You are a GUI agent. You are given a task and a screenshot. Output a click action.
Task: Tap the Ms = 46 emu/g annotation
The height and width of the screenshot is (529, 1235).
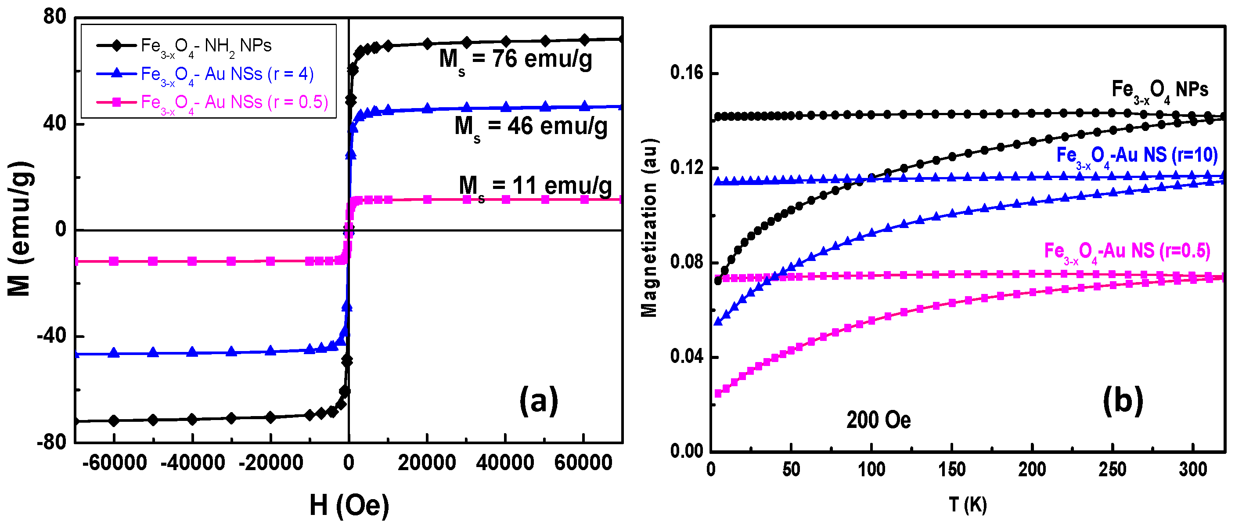click(x=531, y=127)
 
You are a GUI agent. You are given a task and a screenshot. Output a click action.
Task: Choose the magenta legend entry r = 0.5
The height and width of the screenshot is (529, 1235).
click(x=234, y=103)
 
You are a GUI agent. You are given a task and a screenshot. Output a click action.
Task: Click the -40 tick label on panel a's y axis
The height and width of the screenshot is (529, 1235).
click(x=51, y=336)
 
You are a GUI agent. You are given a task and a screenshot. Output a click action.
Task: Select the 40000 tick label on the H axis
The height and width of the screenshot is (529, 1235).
click(x=505, y=463)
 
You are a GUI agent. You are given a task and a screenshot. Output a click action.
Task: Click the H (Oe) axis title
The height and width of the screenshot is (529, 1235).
click(x=349, y=506)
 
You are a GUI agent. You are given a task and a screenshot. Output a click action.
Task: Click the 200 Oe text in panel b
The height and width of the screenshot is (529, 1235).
click(x=879, y=420)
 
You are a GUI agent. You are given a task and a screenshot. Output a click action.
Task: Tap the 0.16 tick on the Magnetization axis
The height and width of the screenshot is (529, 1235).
click(x=686, y=73)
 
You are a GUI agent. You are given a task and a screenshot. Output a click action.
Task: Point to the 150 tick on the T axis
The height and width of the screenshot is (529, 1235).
click(x=952, y=470)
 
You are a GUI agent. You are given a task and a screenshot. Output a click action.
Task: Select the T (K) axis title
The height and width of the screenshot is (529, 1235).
click(x=968, y=505)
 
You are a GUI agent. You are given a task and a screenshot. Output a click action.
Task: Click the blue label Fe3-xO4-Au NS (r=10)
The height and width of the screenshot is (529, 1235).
click(x=1137, y=156)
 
